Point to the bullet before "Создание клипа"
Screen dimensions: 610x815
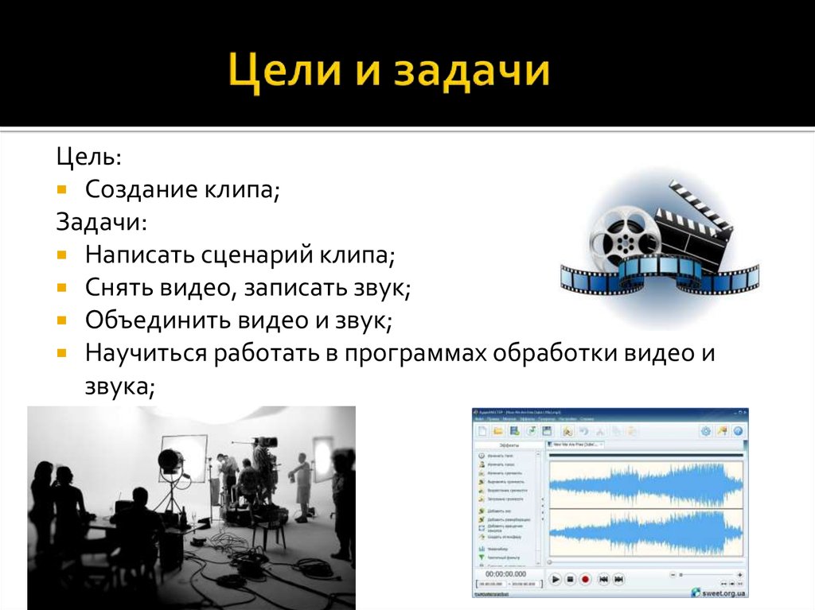63,190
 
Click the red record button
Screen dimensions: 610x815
585,579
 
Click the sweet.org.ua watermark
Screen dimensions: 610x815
719,593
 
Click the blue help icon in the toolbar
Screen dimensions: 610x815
738,430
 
